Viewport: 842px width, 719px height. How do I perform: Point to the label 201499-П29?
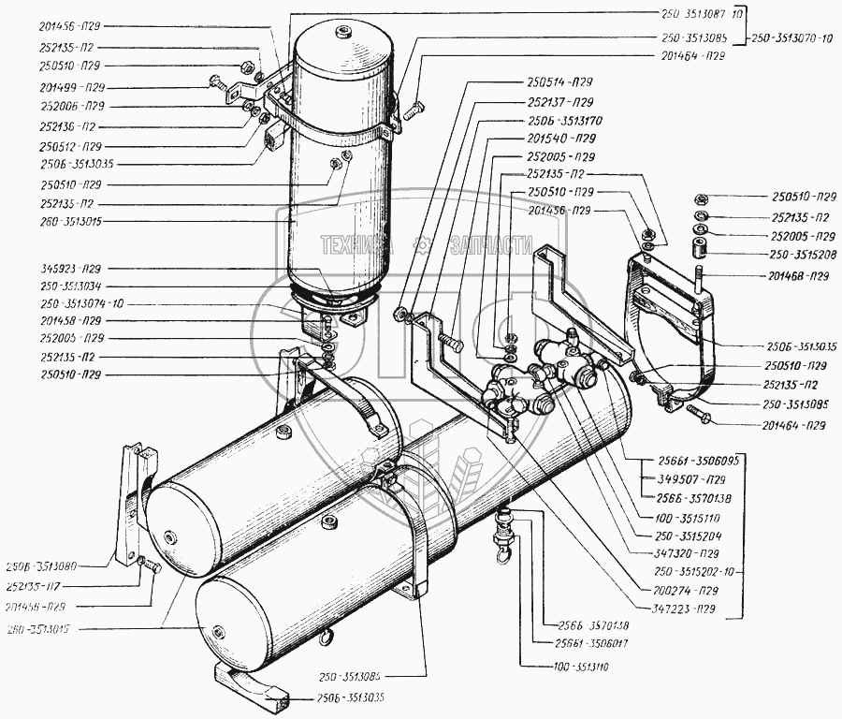(71, 85)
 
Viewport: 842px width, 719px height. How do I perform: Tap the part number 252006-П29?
(71, 105)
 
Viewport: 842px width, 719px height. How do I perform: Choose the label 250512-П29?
(71, 145)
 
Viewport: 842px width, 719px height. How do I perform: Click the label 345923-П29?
(71, 268)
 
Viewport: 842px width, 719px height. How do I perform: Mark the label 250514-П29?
(559, 82)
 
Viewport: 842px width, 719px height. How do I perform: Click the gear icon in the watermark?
(422, 245)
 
